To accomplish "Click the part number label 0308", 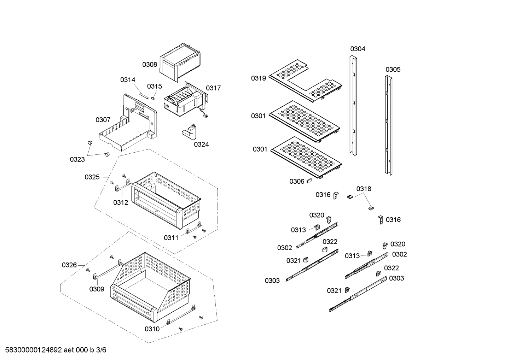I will [150, 64].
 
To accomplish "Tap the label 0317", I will [213, 88].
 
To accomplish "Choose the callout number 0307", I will [103, 120].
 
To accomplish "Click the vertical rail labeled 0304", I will [353, 106].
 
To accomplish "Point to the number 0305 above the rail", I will [393, 69].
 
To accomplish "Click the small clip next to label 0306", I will [309, 181].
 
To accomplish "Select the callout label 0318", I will [364, 189].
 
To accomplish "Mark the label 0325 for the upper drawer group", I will [92, 177].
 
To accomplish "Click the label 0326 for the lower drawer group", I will [69, 265].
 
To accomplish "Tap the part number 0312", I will [121, 202].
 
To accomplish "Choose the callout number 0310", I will [152, 329].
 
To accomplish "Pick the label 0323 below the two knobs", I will [77, 159].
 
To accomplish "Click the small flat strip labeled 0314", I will [144, 95].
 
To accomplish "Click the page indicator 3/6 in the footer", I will [101, 350].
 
